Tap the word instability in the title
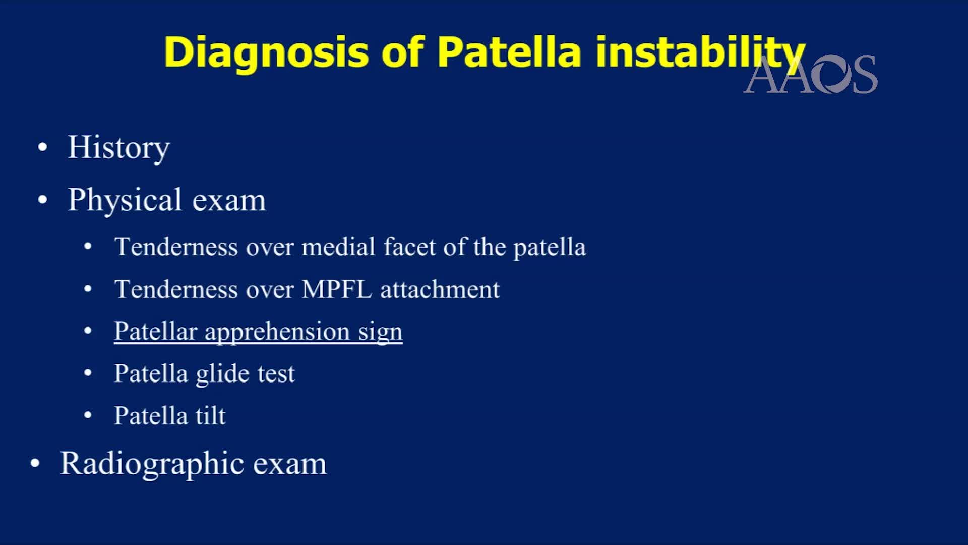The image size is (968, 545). pyautogui.click(x=700, y=52)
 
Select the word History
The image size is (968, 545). pyautogui.click(x=119, y=147)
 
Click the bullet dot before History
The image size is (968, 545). pyautogui.click(x=43, y=147)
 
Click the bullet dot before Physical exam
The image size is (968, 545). pyautogui.click(x=43, y=200)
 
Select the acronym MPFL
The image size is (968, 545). pyautogui.click(x=337, y=289)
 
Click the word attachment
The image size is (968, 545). pyautogui.click(x=440, y=289)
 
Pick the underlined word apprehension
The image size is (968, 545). pyautogui.click(x=277, y=332)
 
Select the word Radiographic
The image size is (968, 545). pyautogui.click(x=152, y=463)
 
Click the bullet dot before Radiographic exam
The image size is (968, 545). pyautogui.click(x=35, y=463)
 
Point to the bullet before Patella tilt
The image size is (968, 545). pyautogui.click(x=88, y=415)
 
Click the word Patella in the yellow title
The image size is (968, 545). pyautogui.click(x=509, y=52)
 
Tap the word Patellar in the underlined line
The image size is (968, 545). pyautogui.click(x=155, y=332)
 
